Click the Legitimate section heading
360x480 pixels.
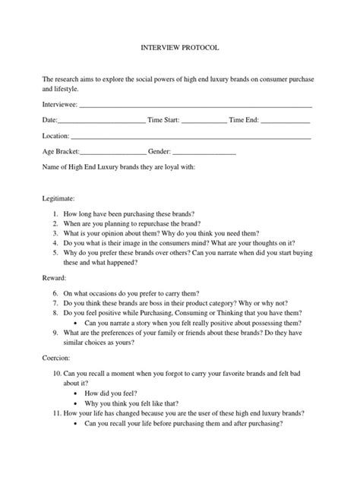62,197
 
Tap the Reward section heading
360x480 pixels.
56,278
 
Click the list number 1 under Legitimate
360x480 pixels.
55,214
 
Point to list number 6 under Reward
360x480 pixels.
55,295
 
